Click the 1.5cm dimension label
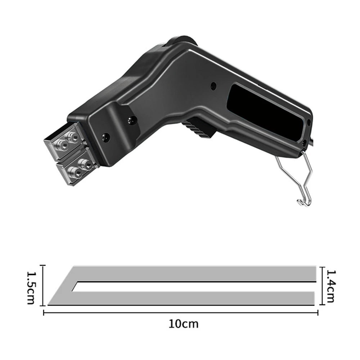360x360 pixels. (x=31, y=288)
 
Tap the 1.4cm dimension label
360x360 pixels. (x=330, y=286)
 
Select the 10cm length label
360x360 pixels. (x=184, y=324)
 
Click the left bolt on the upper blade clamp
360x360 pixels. (x=62, y=145)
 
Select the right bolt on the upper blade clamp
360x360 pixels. (x=73, y=137)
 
